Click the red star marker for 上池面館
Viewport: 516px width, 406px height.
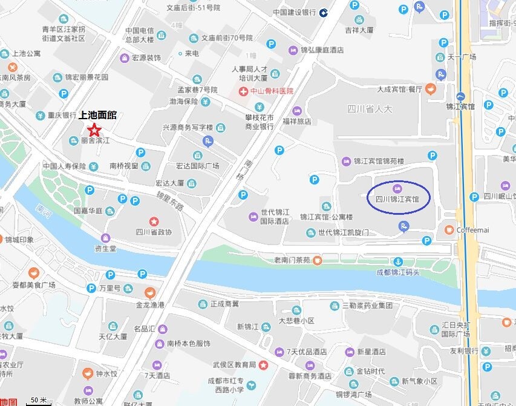[94, 129]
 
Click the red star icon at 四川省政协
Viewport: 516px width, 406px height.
[154, 221]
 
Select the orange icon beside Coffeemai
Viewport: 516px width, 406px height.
[448, 230]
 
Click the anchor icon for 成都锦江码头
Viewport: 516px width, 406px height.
[398, 261]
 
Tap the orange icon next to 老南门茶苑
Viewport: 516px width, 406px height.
[317, 261]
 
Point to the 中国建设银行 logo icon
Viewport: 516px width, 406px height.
[324, 12]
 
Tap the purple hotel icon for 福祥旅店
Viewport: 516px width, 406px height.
[296, 111]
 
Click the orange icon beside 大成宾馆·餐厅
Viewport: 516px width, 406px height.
[430, 90]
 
